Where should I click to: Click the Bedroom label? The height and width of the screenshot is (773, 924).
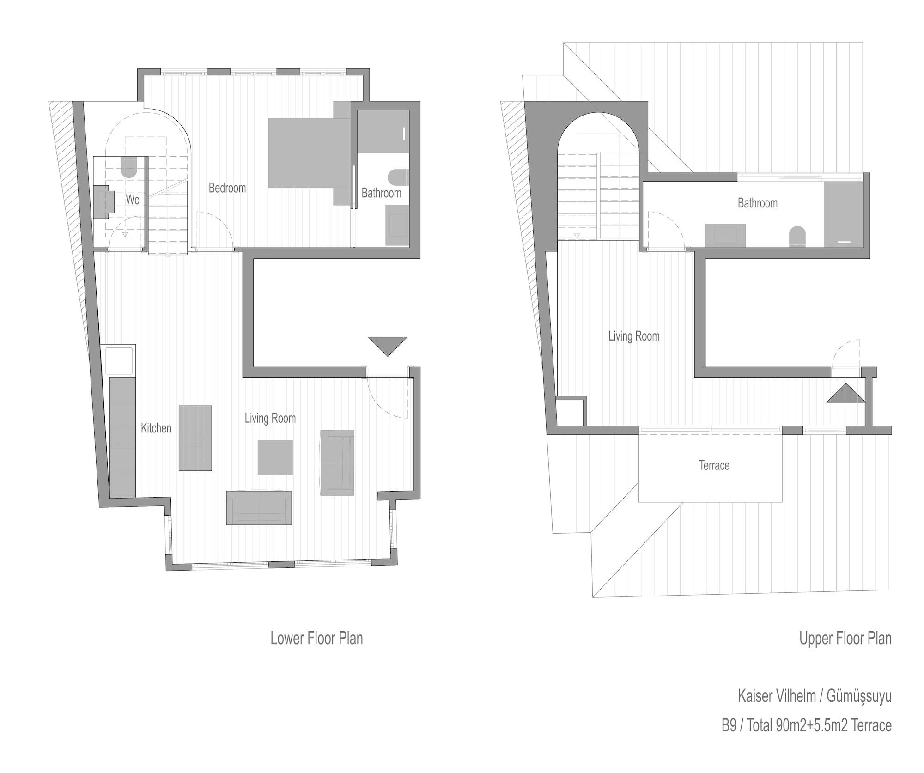coord(227,188)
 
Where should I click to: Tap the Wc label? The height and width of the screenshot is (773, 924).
coord(133,200)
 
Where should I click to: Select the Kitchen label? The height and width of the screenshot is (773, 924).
coord(156,428)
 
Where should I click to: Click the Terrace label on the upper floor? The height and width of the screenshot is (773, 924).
coord(714,465)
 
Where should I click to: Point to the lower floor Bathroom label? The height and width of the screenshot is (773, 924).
coord(381,193)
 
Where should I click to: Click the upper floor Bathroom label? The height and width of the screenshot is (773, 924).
coord(758,203)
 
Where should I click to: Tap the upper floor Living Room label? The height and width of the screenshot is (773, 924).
coord(634,336)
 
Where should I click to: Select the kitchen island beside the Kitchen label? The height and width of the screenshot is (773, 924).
coord(195,438)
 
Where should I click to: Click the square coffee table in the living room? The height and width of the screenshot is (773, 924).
coord(275,457)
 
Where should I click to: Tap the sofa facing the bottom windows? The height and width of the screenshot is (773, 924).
coord(259,508)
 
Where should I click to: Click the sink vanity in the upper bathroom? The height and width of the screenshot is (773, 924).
coord(725,235)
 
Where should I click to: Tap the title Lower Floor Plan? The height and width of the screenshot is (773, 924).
coord(316,638)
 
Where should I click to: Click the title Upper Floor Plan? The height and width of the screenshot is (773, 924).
coord(845,638)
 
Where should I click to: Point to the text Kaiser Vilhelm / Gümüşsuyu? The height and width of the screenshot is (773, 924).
coord(815,696)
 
